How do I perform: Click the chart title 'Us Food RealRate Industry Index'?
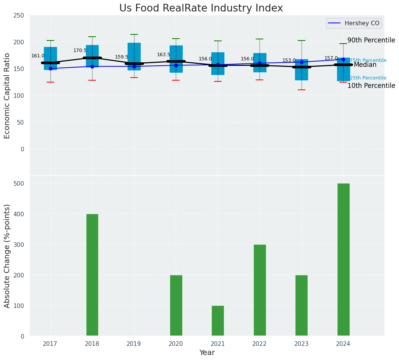pos(201,8)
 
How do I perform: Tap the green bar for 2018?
pos(92,275)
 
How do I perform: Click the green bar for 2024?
pos(343,259)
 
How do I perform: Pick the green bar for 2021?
pos(218,321)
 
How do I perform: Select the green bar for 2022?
pos(260,290)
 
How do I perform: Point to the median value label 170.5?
pos(80,50)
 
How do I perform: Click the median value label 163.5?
pos(164,55)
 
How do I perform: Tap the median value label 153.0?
pos(289,60)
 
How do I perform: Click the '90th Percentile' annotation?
pos(371,41)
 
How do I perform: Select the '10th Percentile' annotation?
pos(371,86)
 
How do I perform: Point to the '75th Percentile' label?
pos(368,60)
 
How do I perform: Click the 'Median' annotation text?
pos(365,65)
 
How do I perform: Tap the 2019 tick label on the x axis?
pos(134,344)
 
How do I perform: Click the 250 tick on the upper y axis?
pos(19,16)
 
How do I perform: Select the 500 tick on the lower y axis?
pos(19,183)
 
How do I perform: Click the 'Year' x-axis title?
pos(207,353)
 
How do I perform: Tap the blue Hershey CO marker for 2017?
pos(50,68)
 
